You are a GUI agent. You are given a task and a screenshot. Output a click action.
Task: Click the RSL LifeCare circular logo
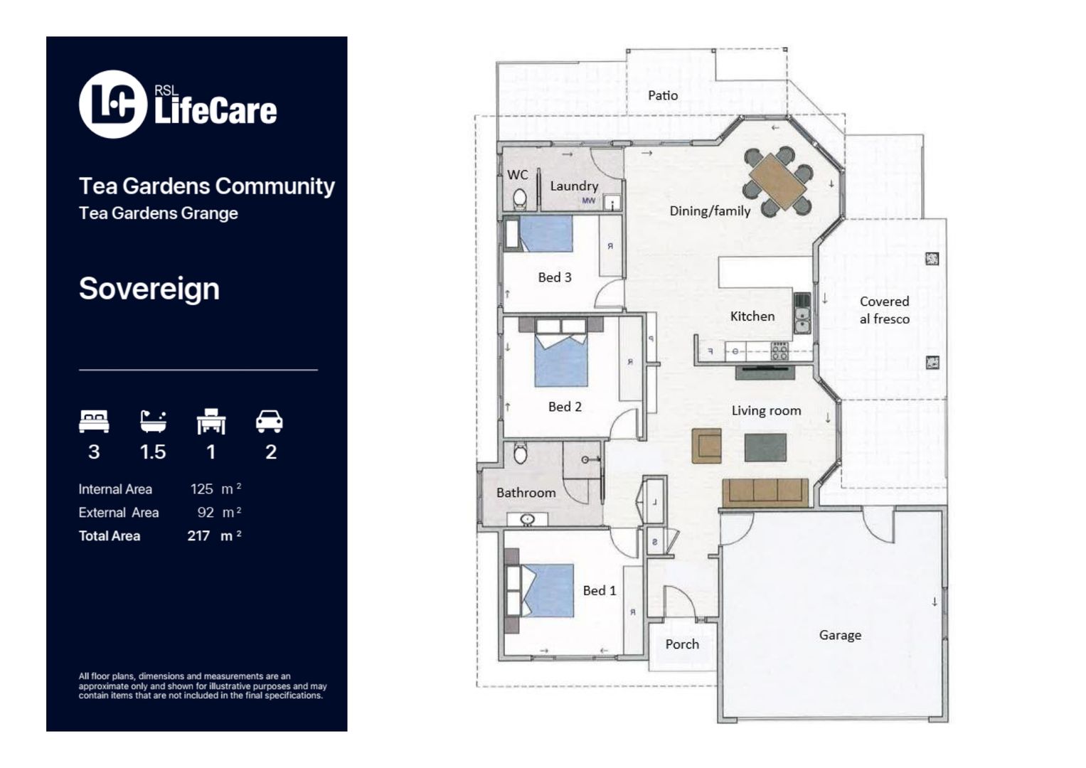click(x=112, y=104)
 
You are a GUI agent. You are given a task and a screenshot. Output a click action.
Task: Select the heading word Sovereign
click(x=149, y=289)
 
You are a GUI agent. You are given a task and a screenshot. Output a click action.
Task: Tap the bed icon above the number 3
click(x=94, y=422)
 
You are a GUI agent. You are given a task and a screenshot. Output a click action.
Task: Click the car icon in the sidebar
click(x=270, y=422)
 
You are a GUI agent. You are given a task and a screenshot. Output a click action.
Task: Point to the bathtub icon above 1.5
click(x=153, y=422)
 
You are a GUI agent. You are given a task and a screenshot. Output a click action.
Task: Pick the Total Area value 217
click(x=198, y=536)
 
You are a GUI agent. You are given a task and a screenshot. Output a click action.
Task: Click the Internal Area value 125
click(x=201, y=489)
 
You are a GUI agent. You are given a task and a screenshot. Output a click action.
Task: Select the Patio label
click(x=662, y=95)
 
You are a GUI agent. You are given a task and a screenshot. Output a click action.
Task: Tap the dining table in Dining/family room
click(x=777, y=181)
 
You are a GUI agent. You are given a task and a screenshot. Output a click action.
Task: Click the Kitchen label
click(x=752, y=316)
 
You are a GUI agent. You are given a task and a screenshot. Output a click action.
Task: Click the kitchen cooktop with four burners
click(x=779, y=351)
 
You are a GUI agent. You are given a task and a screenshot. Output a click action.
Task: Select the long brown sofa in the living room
click(x=765, y=491)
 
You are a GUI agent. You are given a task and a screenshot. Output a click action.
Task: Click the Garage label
click(x=839, y=635)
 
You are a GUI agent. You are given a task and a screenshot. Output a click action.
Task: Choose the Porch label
click(x=681, y=644)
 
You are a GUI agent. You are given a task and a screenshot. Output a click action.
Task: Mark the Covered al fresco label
click(x=884, y=310)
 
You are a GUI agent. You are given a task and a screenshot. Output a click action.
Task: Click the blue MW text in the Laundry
click(x=588, y=201)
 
